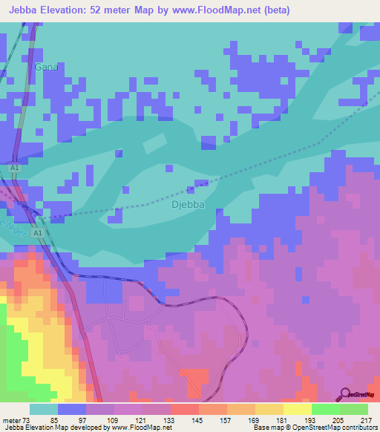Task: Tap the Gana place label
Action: click(x=45, y=67)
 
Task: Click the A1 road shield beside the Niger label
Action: click(x=38, y=233)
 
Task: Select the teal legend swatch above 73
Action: click(x=44, y=409)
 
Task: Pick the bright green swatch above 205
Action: click(x=325, y=409)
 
